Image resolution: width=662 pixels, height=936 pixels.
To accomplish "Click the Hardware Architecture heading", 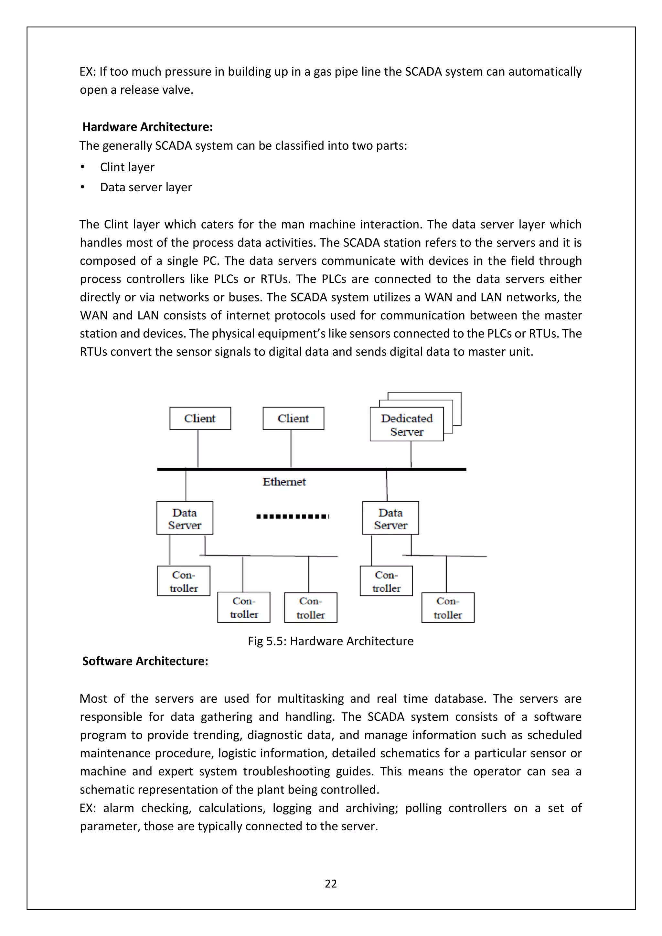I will tap(148, 127).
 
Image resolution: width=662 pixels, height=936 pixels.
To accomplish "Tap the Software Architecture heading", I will tap(145, 661).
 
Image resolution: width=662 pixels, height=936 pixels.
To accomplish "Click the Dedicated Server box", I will tap(406, 424).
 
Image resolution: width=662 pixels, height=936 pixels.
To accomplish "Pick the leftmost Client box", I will tap(200, 418).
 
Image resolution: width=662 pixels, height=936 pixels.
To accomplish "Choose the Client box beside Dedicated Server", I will tap(293, 418).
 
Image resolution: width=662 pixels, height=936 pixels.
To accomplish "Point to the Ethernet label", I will tap(284, 482).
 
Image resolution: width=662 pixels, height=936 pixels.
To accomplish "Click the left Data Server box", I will tap(185, 518).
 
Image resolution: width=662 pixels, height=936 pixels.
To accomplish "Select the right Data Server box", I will tap(390, 518).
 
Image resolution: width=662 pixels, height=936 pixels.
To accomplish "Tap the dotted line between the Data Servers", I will tap(292, 516).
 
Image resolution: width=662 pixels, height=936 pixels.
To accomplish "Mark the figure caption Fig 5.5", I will tap(331, 641).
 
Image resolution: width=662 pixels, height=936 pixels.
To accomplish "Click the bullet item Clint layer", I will tap(127, 167).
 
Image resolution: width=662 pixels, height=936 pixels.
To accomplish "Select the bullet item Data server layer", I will tap(146, 187).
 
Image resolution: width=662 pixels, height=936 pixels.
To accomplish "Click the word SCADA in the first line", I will tap(423, 72).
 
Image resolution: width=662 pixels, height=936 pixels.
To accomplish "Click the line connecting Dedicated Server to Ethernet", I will tap(411, 454).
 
